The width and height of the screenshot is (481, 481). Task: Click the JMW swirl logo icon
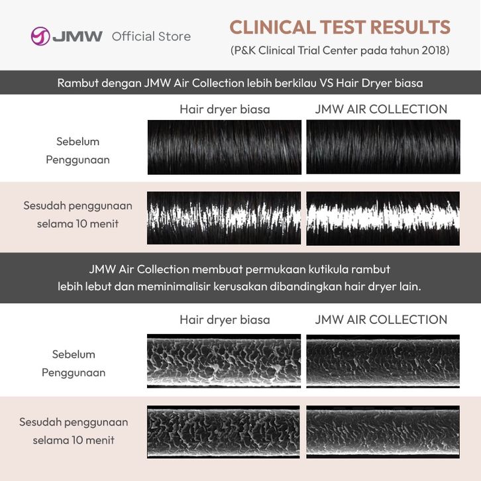coord(40,36)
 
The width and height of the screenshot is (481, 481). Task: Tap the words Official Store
coord(151,36)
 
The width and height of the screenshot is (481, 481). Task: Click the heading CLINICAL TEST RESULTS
coord(340,28)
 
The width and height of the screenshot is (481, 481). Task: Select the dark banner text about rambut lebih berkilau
coord(240,83)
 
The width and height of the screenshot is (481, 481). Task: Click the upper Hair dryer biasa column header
coord(225,109)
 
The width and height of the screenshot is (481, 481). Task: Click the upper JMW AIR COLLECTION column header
coord(382,109)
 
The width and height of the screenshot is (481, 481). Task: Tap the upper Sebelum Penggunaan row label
coord(78,150)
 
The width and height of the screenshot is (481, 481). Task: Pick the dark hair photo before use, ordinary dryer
coord(224,147)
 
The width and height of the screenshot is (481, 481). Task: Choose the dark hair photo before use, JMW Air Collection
coord(383,147)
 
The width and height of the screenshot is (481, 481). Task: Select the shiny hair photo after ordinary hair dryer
coord(224,219)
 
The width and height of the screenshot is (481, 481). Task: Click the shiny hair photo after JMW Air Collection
coord(383,219)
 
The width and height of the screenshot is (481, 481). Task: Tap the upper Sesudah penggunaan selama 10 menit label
coord(78,215)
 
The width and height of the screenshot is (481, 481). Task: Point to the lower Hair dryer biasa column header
coord(225,319)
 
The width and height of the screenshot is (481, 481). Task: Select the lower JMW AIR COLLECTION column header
coord(382,319)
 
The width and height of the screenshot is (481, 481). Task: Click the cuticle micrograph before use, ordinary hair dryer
coord(224,360)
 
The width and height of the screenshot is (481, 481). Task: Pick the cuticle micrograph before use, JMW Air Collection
coord(383,360)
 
